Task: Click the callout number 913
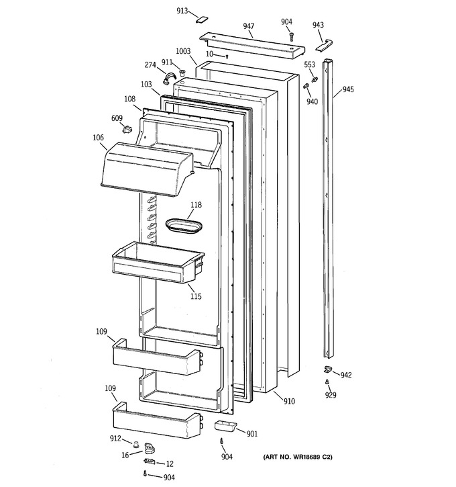coord(182,11)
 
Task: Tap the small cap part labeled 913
coord(202,19)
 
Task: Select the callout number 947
coord(249,26)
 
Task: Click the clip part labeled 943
coord(325,46)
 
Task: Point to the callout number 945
coord(348,89)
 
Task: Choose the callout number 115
coord(196,296)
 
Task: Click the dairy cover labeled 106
coord(147,169)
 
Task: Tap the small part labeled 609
coord(127,128)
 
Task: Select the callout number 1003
coord(183,51)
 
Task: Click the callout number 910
coord(289,401)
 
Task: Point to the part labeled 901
coord(225,425)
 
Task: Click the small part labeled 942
coord(327,369)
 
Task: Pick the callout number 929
coord(331,395)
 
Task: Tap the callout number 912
coord(115,438)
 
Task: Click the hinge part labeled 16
coord(150,448)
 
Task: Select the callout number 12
coord(170,463)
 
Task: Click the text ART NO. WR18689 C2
coord(298,457)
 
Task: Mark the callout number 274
coord(150,65)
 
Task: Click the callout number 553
coord(309,64)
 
